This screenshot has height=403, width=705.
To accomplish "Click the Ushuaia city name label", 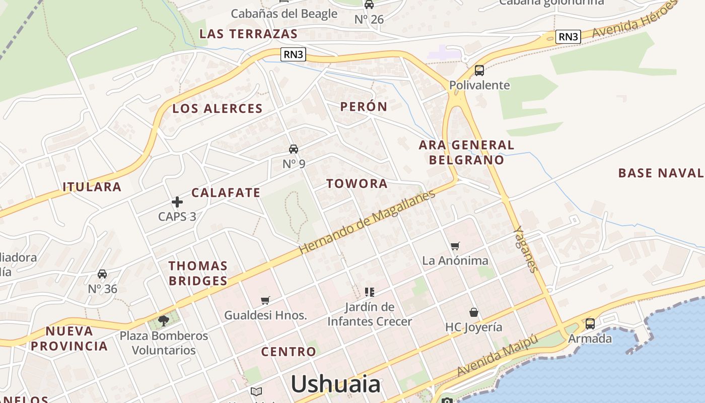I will click(335, 384).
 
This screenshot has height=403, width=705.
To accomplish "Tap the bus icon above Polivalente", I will click(479, 71).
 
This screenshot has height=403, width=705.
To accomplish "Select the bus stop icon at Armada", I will click(590, 324).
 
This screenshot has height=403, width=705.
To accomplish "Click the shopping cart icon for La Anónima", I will click(455, 246).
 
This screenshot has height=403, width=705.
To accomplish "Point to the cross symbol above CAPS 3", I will click(177, 202).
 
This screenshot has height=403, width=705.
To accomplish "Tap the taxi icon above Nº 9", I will click(294, 149).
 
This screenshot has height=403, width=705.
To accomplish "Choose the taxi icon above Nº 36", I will click(102, 274).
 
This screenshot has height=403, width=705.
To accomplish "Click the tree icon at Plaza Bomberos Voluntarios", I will click(163, 320).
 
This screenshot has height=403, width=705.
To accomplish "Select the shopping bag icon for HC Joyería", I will click(473, 313).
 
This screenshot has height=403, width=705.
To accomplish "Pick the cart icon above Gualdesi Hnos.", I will click(265, 301).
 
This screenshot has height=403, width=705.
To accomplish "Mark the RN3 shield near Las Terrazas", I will click(293, 54).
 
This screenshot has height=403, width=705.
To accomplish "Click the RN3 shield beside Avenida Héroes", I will click(568, 36).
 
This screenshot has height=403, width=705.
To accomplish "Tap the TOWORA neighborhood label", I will click(357, 184).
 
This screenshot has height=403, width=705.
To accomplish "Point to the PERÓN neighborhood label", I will click(364, 107).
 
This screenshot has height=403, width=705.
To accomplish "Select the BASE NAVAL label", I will click(661, 173).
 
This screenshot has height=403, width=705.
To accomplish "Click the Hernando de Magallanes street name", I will click(367, 222).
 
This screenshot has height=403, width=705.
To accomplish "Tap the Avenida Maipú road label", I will click(497, 356).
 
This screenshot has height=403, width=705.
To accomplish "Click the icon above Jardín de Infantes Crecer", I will click(370, 292).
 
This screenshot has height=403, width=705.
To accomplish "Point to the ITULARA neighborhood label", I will click(92, 187).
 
